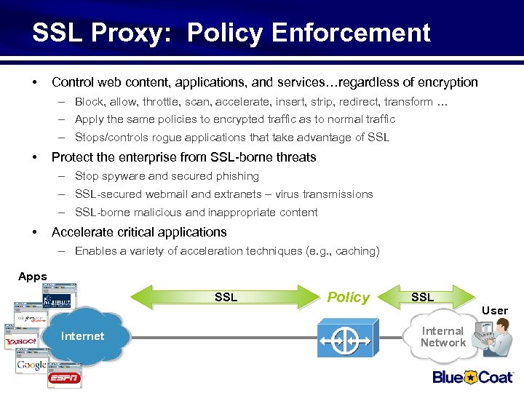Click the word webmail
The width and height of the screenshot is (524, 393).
(163, 194)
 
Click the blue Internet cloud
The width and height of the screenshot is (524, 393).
(82, 336)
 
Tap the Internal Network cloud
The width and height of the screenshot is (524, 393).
(442, 336)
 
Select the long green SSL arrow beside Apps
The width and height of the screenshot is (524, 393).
(226, 297)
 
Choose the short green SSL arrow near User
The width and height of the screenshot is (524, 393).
(422, 297)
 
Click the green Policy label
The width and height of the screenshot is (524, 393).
(348, 297)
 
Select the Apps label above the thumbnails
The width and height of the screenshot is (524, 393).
(32, 277)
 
